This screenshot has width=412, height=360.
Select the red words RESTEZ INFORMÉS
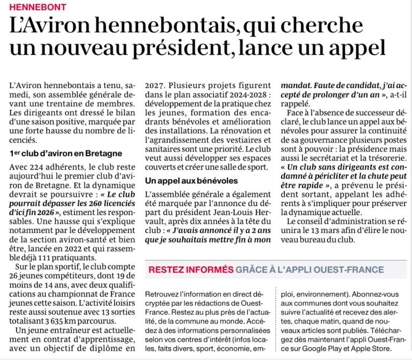(191, 269)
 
